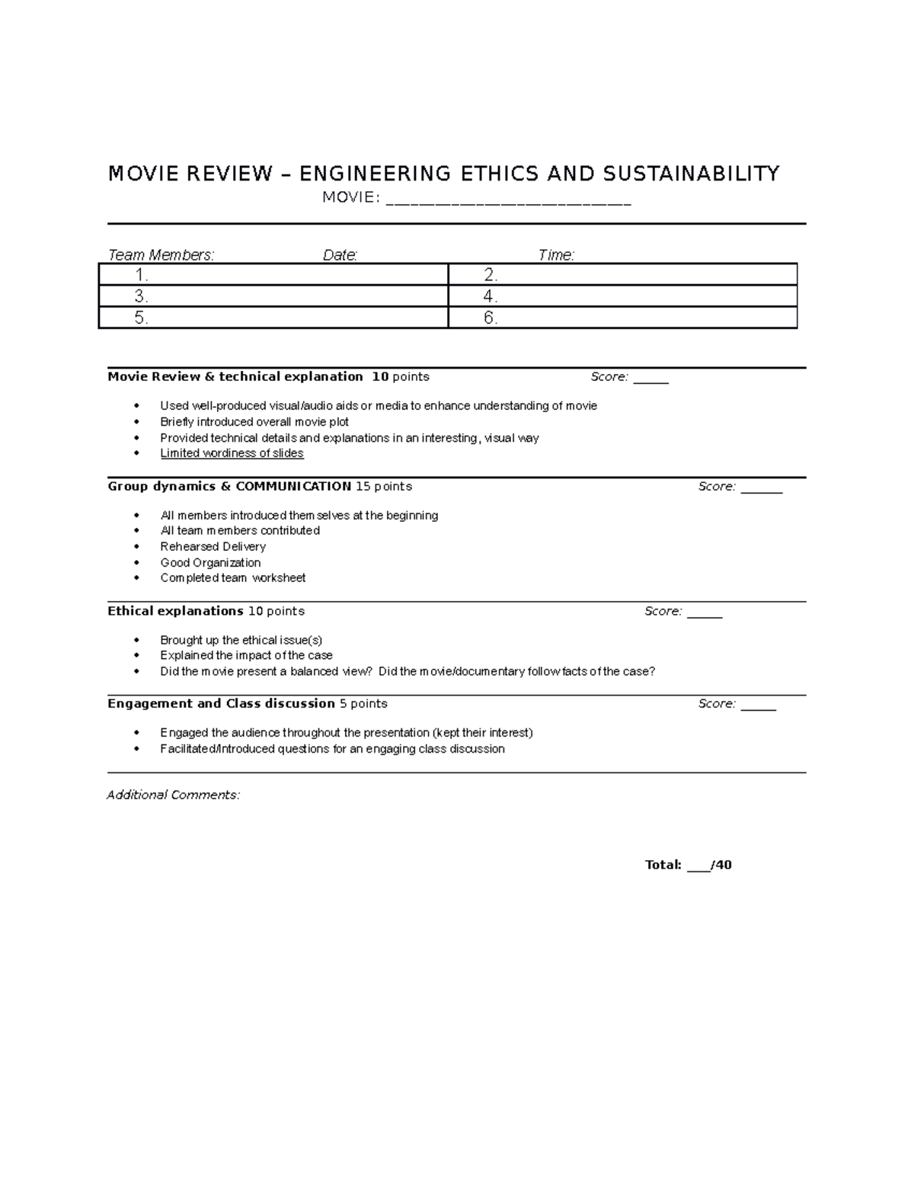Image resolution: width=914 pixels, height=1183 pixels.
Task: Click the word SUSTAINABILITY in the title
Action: coord(691,174)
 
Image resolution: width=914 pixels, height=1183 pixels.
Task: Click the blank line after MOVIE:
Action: coord(509,200)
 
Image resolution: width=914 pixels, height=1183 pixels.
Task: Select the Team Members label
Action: coord(161,255)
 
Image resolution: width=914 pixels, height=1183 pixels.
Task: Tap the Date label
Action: coord(340,255)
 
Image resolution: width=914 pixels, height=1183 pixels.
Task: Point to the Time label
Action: coord(556,255)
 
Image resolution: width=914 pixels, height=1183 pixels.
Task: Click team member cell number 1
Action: coord(273,274)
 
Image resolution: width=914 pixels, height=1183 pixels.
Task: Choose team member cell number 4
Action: coord(622,296)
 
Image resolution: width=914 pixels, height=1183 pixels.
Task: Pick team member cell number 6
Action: coord(622,318)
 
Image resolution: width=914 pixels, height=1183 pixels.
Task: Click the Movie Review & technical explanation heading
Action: coord(235,376)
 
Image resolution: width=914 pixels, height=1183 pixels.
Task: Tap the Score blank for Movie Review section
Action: coord(650,379)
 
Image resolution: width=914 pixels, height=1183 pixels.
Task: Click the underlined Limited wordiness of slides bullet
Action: coord(232,453)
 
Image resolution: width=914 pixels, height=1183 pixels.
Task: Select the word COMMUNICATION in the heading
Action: coord(293,486)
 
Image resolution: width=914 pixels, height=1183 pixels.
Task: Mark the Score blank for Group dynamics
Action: coord(761,488)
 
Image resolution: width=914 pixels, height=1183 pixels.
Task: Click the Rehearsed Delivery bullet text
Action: coord(213,546)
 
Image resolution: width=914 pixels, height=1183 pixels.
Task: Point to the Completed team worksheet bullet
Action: coord(232,578)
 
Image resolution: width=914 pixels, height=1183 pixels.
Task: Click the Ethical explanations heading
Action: coord(175,611)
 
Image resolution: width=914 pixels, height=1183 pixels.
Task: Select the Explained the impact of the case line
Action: coord(246,655)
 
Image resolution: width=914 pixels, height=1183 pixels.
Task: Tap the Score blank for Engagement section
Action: coord(758,706)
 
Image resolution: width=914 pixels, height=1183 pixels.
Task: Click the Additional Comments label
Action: coord(173,795)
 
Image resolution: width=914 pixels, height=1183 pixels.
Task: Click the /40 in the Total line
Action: coord(721,865)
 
